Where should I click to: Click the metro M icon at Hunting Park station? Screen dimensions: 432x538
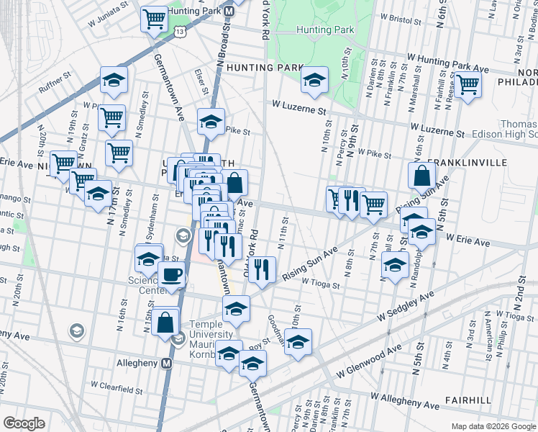(229, 12)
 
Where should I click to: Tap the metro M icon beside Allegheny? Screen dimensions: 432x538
(167, 364)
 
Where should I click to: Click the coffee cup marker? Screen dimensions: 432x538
(171, 275)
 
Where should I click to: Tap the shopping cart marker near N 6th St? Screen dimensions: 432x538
(468, 84)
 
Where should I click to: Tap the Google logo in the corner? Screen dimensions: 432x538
(24, 423)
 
